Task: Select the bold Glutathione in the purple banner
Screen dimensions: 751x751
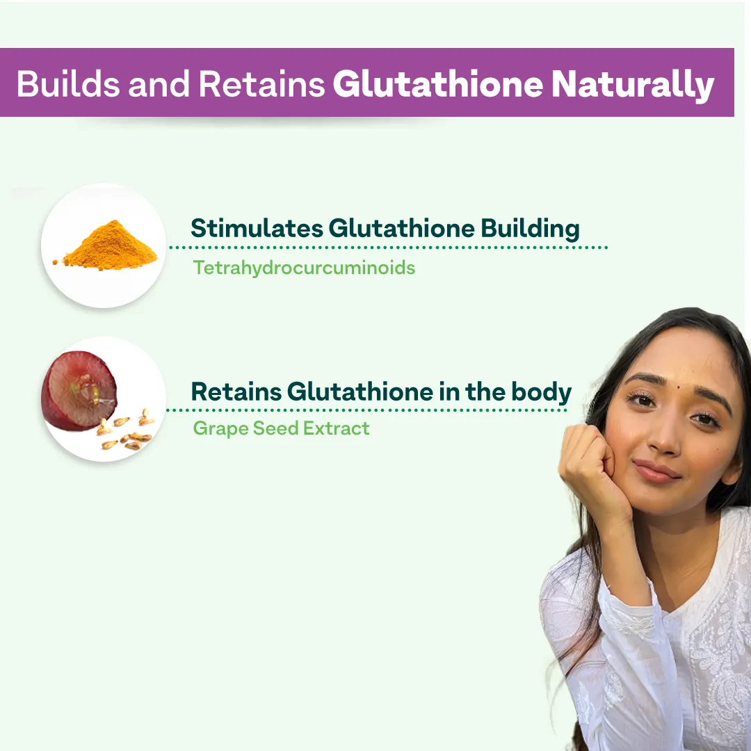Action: (437, 84)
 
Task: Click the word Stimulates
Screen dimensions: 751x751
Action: (255, 228)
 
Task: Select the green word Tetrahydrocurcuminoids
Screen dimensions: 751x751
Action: (304, 268)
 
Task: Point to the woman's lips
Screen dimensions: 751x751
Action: (655, 471)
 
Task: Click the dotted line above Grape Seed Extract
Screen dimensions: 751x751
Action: (369, 410)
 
